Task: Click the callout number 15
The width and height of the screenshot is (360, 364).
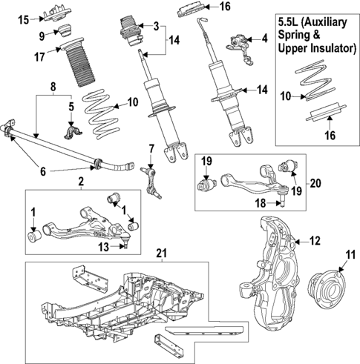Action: pos(23,18)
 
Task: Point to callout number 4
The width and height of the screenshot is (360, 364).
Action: pos(264,38)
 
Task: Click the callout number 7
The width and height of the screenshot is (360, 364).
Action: pos(151,148)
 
